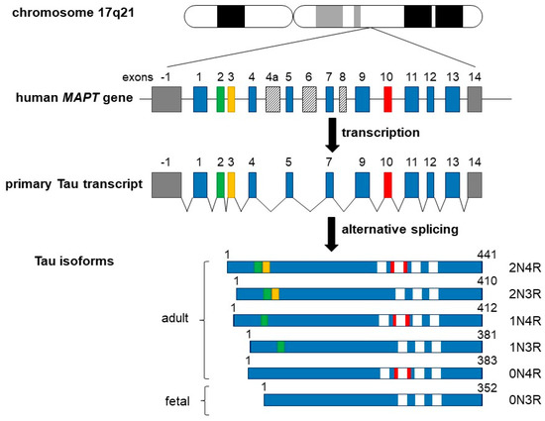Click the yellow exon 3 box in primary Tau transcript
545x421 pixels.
click(231, 183)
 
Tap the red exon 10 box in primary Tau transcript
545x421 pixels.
click(387, 183)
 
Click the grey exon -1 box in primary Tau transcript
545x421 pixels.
click(166, 183)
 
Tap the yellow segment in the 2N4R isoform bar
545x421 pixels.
click(267, 267)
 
